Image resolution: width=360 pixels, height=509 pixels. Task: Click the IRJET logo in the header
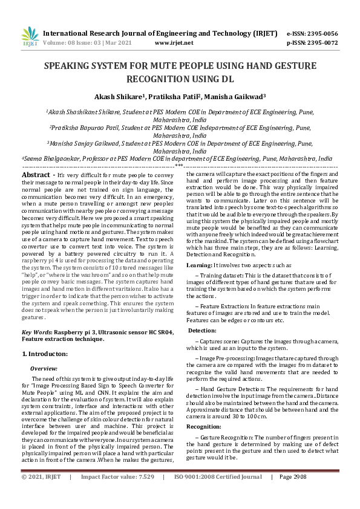pyautogui.click(x=29, y=37)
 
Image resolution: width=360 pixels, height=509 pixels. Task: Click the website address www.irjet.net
pyautogui.click(x=174, y=44)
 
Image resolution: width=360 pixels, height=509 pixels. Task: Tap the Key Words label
pyautogui.click(x=36, y=333)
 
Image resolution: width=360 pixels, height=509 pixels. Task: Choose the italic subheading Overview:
pyautogui.click(x=44, y=368)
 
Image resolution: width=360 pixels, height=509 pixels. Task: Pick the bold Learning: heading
pyautogui.click(x=199, y=265)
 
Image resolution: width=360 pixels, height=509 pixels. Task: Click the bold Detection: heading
pyautogui.click(x=202, y=331)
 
